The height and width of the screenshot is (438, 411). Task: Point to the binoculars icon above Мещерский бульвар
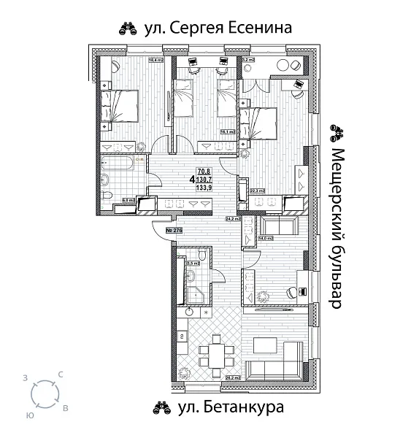337,131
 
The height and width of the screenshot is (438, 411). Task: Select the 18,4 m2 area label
155,60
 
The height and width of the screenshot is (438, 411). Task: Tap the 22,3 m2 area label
256,191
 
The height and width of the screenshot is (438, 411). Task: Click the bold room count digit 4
191,179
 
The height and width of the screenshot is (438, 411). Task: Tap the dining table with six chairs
215,354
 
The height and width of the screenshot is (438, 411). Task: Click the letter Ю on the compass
29,414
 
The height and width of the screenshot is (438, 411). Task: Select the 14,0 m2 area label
266,238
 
